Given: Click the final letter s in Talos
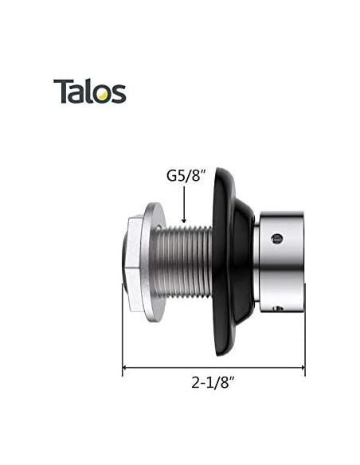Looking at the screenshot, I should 119,94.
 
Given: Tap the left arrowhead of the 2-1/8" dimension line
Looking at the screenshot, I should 126,369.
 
